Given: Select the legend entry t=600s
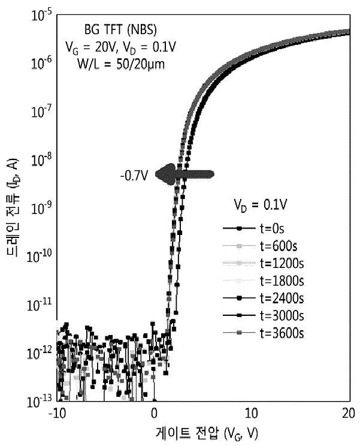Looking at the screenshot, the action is (x=260, y=246).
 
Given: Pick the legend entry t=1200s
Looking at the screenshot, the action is (x=263, y=263).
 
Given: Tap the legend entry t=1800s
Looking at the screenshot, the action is (x=263, y=281).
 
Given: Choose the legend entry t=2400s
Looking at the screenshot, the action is (x=263, y=298).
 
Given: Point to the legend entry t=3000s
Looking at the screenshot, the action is (x=263, y=315).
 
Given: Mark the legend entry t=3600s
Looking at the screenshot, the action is (x=263, y=333).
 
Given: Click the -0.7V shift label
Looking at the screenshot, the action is (x=134, y=176).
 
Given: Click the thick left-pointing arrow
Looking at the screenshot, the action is (x=184, y=174).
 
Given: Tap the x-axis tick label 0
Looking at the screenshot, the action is (x=154, y=414).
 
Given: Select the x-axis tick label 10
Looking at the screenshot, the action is (x=251, y=414).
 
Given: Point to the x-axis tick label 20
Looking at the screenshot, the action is (x=349, y=414).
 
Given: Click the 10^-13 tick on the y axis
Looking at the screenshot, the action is (x=39, y=402).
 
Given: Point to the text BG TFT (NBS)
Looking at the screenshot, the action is (x=120, y=30).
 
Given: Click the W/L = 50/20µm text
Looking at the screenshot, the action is (x=121, y=64).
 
